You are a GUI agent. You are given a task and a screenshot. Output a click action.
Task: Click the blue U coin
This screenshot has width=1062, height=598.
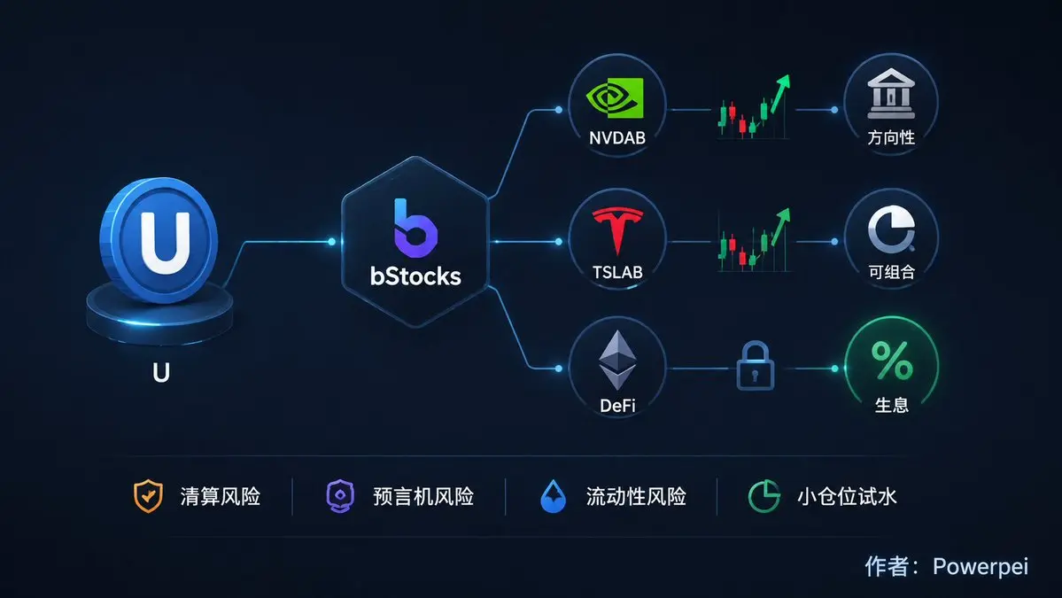pyautogui.click(x=159, y=240)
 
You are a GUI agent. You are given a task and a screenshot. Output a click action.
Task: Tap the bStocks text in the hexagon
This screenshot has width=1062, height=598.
pyautogui.click(x=415, y=276)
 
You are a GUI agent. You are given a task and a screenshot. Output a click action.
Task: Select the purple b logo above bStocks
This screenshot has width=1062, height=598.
pyautogui.click(x=415, y=228)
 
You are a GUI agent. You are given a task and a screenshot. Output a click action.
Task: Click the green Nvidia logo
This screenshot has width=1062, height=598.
pyautogui.click(x=615, y=98)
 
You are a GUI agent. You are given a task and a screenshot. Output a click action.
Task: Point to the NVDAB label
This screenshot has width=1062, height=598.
pyautogui.click(x=617, y=138)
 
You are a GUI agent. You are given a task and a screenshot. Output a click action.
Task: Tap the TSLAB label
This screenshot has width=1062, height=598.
pyautogui.click(x=617, y=272)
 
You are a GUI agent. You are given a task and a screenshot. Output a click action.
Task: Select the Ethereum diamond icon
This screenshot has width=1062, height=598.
pyautogui.click(x=617, y=360)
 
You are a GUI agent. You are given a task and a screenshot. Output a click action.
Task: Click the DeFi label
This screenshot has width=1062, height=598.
pyautogui.click(x=617, y=406)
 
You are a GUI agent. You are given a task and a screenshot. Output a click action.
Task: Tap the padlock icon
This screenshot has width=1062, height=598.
pyautogui.click(x=756, y=366)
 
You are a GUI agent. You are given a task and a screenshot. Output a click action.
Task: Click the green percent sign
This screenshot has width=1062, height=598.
pyautogui.click(x=891, y=361)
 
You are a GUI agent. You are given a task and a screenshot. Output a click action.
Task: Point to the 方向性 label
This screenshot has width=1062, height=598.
pyautogui.click(x=891, y=137)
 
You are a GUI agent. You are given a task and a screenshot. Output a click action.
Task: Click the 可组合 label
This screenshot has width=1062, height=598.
pyautogui.click(x=891, y=272)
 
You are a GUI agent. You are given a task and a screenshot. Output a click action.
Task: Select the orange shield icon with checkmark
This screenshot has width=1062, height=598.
pyautogui.click(x=148, y=496)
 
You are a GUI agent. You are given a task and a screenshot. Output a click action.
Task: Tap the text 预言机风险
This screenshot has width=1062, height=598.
pyautogui.click(x=423, y=496)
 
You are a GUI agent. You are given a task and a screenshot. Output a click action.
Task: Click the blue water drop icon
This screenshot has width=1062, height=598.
pyautogui.click(x=553, y=496)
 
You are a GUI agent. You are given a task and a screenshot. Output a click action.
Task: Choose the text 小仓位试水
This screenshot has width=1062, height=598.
pyautogui.click(x=847, y=496)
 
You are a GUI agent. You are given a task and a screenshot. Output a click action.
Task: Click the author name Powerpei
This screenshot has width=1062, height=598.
pyautogui.click(x=980, y=566)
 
